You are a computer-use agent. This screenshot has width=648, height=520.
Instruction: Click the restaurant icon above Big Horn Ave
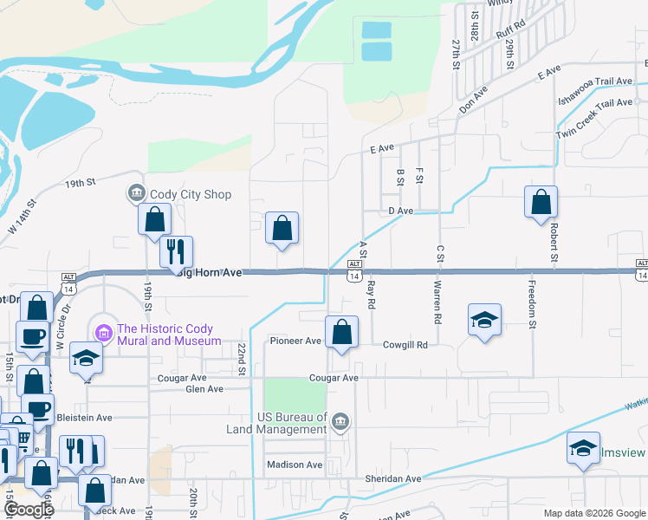pos(176,251)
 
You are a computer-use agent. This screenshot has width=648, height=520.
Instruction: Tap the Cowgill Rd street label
pos(405,345)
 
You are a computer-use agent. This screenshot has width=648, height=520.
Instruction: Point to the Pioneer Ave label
pos(295,341)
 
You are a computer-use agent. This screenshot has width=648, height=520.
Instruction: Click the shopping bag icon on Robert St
pos(541,203)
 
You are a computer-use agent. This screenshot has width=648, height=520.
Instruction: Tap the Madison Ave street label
pos(295,465)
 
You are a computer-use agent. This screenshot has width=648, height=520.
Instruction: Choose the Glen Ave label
pos(204,390)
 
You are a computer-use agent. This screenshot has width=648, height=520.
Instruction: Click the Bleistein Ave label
pos(84,418)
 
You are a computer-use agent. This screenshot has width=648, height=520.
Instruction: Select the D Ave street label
pos(401,211)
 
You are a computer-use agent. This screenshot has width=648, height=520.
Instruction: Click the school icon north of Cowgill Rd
pos(485,318)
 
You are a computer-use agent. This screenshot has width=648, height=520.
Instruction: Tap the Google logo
pos(28,509)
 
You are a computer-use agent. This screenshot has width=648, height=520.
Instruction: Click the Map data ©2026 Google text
pos(594,513)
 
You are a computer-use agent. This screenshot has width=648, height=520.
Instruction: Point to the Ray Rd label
pos(371,295)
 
